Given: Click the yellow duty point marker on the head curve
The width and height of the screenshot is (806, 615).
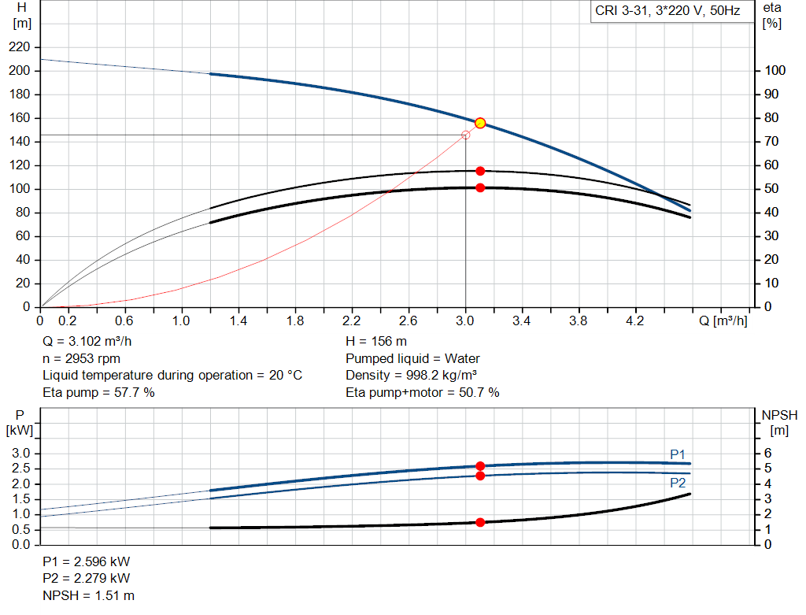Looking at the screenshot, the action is click(x=480, y=123).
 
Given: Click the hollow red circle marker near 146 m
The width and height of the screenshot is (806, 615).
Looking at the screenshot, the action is click(x=466, y=135).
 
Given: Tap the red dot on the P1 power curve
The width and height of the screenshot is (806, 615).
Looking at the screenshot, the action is click(x=480, y=466).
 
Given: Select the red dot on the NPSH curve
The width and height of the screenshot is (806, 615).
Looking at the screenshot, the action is click(x=480, y=522).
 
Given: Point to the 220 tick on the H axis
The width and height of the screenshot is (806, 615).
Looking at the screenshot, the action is click(x=20, y=46).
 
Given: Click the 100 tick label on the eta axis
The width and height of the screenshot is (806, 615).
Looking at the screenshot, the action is click(x=775, y=70).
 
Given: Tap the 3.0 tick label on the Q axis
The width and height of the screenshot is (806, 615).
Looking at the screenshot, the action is click(x=464, y=320).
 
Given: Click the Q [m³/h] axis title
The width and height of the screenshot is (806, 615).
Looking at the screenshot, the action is click(x=723, y=320).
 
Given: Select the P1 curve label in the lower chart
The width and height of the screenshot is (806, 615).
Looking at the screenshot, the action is click(x=678, y=454).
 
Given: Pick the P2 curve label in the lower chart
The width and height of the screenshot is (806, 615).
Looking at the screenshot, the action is click(x=678, y=483).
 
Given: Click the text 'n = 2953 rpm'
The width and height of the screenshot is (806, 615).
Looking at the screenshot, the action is click(x=81, y=358).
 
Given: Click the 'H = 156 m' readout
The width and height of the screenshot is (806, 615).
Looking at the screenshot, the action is click(x=376, y=341).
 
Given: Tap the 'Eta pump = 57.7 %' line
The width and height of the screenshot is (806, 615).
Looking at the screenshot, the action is click(x=98, y=392).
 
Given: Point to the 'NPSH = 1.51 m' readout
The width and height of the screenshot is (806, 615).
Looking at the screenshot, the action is click(x=88, y=595).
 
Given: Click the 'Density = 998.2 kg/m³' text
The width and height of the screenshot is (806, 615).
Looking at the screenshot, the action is click(x=411, y=375).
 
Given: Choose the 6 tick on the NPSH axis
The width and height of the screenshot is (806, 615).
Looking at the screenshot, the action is click(x=768, y=453).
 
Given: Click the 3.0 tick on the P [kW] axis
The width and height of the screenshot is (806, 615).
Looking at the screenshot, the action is click(x=21, y=453).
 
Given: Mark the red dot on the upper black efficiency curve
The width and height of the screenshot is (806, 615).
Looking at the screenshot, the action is click(x=480, y=171).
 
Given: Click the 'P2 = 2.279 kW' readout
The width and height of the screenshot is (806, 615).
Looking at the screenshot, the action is click(x=87, y=578).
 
